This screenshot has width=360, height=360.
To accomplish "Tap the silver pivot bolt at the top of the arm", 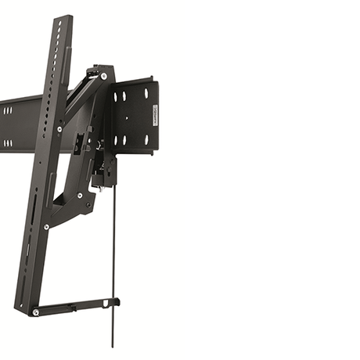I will tap(103, 76).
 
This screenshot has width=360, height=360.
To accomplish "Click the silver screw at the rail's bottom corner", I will tap(36, 312).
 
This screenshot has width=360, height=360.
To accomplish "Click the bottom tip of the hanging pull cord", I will tap(113, 344).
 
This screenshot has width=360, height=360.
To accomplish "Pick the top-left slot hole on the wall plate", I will tap(124, 96).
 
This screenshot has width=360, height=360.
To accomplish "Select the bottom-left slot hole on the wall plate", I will tap(124, 140).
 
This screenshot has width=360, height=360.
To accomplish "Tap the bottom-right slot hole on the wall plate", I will tap(146, 139).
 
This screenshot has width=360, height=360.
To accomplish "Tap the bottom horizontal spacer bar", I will tap(74, 306).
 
